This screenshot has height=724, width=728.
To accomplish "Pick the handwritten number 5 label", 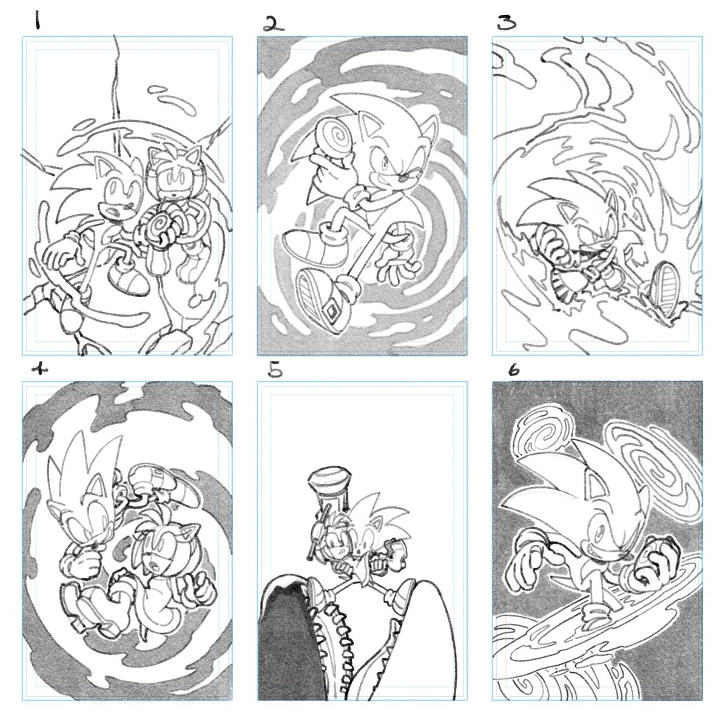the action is click(275, 369).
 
